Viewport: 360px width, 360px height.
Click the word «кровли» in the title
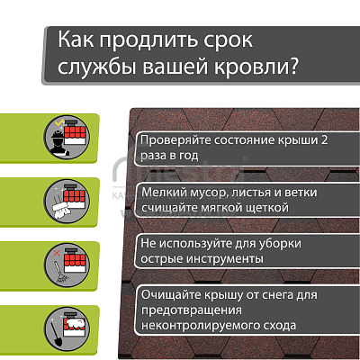(247, 67)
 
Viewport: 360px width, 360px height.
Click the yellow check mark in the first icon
(60, 122)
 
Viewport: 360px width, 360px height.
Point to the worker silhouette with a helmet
(59, 143)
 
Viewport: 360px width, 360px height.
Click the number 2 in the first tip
(324, 140)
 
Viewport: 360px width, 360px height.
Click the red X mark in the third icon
(57, 253)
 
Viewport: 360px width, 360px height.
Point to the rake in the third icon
(60, 273)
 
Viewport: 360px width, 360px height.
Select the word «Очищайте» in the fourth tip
(171, 295)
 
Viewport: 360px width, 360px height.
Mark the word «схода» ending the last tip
(280, 326)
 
